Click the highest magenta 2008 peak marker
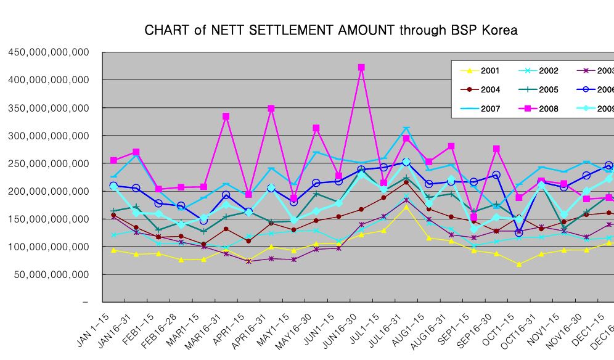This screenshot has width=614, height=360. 361,67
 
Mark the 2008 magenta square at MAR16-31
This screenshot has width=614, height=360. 226,117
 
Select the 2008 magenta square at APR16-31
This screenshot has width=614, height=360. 271,108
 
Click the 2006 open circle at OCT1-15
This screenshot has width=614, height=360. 519,232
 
